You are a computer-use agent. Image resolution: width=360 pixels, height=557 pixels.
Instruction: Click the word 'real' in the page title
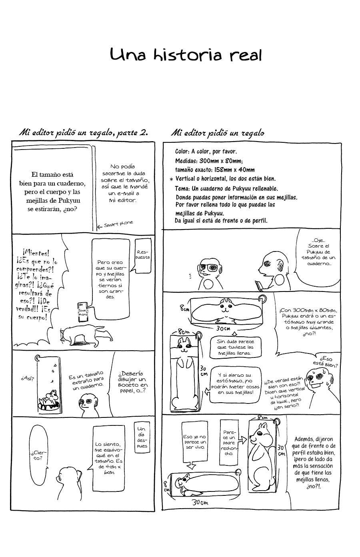(245, 55)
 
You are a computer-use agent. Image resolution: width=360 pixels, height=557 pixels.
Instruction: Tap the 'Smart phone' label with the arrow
(115, 224)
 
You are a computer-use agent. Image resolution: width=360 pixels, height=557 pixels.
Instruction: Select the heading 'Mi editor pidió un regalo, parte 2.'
(84, 133)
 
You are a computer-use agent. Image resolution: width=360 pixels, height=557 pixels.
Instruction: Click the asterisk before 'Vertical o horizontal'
(171, 179)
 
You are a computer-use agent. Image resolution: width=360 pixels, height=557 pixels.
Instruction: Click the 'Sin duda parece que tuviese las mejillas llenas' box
(235, 347)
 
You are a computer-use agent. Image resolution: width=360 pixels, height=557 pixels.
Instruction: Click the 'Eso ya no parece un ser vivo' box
(194, 442)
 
